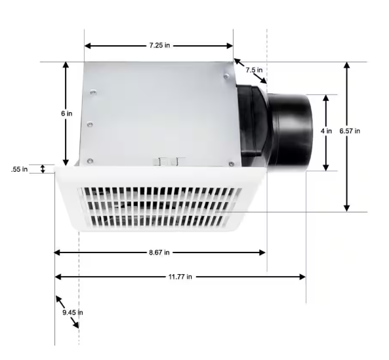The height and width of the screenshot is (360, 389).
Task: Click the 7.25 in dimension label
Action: click(159, 45)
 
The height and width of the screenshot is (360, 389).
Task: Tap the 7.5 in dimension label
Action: click(254, 70)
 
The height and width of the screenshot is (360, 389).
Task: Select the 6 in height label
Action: click(67, 113)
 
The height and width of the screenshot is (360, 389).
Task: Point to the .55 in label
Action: click(19, 169)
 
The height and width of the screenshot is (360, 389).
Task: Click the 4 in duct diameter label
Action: click(326, 131)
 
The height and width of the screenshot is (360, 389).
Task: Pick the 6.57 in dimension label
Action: click(350, 131)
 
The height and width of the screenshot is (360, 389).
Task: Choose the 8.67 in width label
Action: click(159, 252)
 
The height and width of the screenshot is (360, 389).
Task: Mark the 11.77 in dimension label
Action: click(180, 277)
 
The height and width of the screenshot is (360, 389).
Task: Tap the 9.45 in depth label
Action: click(73, 312)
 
